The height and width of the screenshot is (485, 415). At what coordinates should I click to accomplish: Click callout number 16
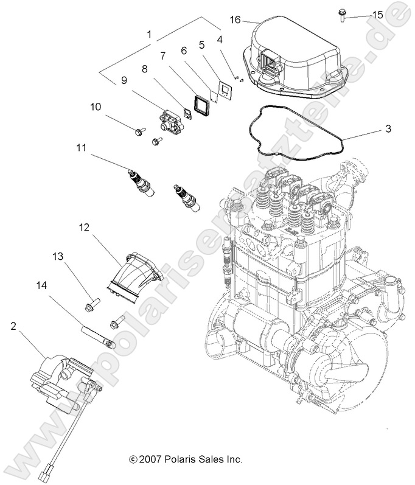coord(234,19)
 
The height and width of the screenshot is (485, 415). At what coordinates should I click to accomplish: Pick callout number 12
coord(85,228)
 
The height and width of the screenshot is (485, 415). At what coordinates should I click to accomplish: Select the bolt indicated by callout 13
coord(93,301)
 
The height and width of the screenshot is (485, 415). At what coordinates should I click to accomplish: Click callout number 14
coord(41,284)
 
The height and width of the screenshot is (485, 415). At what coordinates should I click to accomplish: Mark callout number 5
coord(201,44)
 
